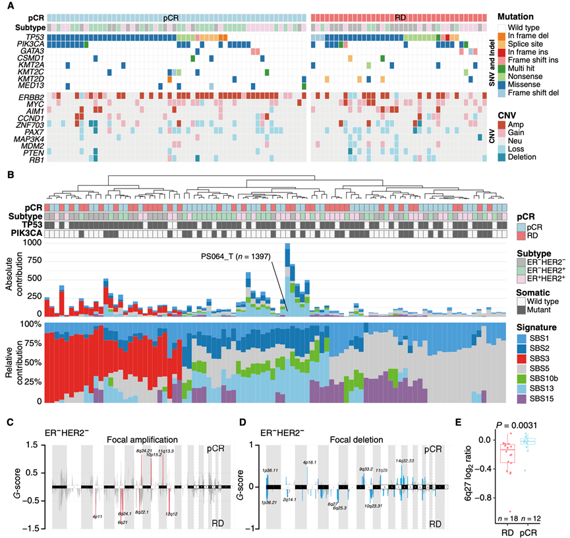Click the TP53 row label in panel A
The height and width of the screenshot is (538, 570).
[26, 38]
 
